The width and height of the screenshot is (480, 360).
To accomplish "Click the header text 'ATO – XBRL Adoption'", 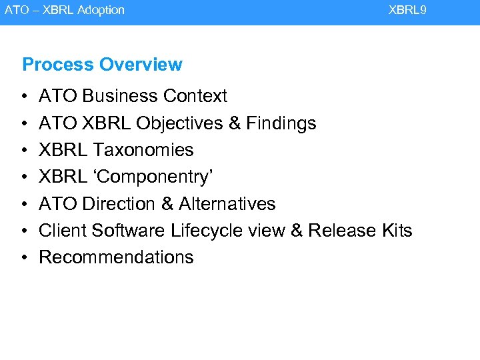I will tap(65, 10).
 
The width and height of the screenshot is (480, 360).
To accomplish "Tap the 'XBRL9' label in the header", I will tap(407, 10).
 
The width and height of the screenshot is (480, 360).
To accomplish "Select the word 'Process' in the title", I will tap(58, 65).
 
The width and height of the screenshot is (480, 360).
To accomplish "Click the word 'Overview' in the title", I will tap(141, 65).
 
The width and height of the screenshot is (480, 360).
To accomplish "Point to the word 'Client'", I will tap(63, 231).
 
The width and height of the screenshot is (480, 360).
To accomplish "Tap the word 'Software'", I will tap(129, 231).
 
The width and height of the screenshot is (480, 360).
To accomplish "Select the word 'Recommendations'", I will tap(117, 257).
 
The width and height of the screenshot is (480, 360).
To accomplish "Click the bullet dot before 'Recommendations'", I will tap(24, 258).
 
